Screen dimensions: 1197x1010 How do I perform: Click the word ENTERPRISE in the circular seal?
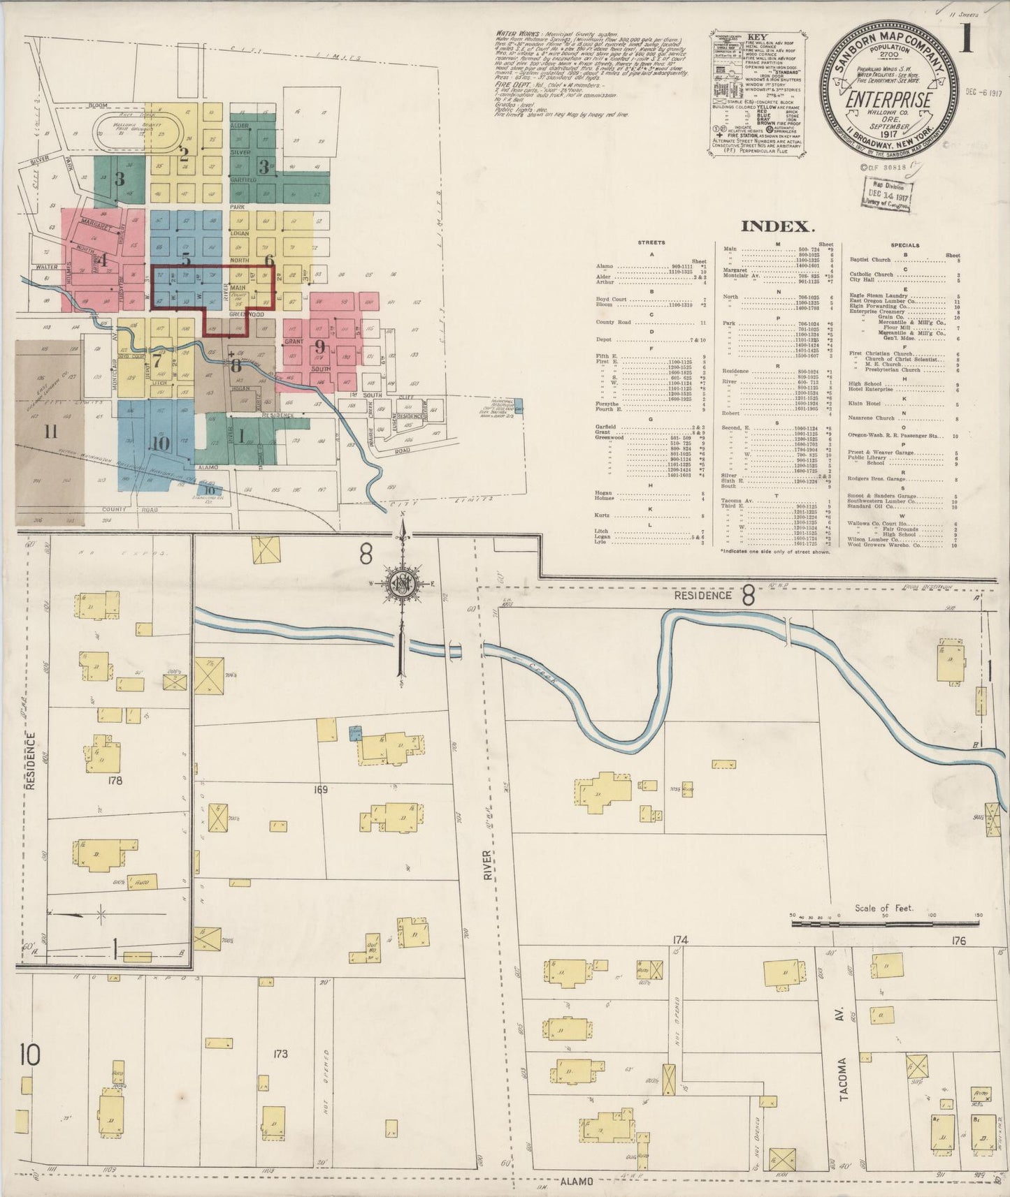tap(888, 99)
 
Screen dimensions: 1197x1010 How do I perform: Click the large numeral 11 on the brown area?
tap(50, 432)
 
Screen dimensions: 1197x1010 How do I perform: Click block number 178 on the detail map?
tap(115, 781)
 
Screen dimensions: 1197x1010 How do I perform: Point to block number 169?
tap(321, 790)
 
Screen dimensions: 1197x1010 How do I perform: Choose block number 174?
tap(681, 941)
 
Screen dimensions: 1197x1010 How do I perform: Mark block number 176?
tap(958, 941)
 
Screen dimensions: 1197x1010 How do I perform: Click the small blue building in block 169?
tap(356, 733)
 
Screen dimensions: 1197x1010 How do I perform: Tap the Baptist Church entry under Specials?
tap(870, 259)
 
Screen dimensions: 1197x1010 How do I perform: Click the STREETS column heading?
tap(651, 243)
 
